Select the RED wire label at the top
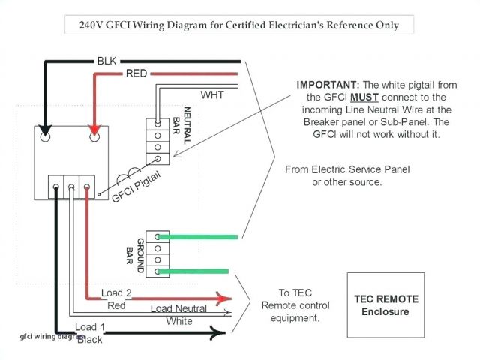click(136, 73)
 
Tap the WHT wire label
click(212, 94)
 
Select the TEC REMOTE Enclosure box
click(386, 305)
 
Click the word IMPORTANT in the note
click(325, 85)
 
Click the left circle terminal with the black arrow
click(45, 138)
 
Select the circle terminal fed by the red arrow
click(95, 138)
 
